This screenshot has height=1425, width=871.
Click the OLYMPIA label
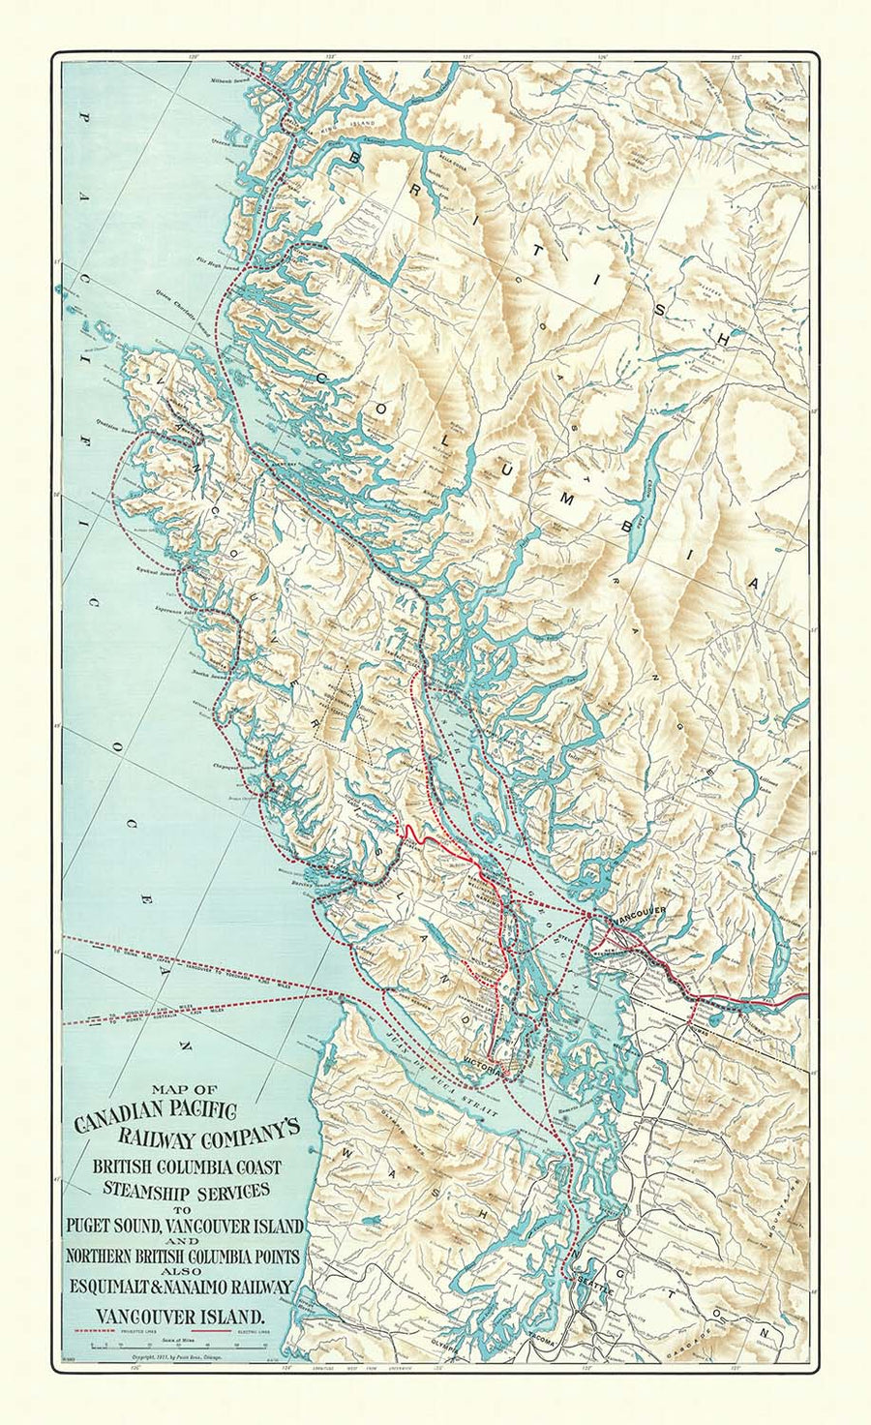tap(444, 1345)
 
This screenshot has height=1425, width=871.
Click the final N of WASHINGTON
tap(766, 1333)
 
